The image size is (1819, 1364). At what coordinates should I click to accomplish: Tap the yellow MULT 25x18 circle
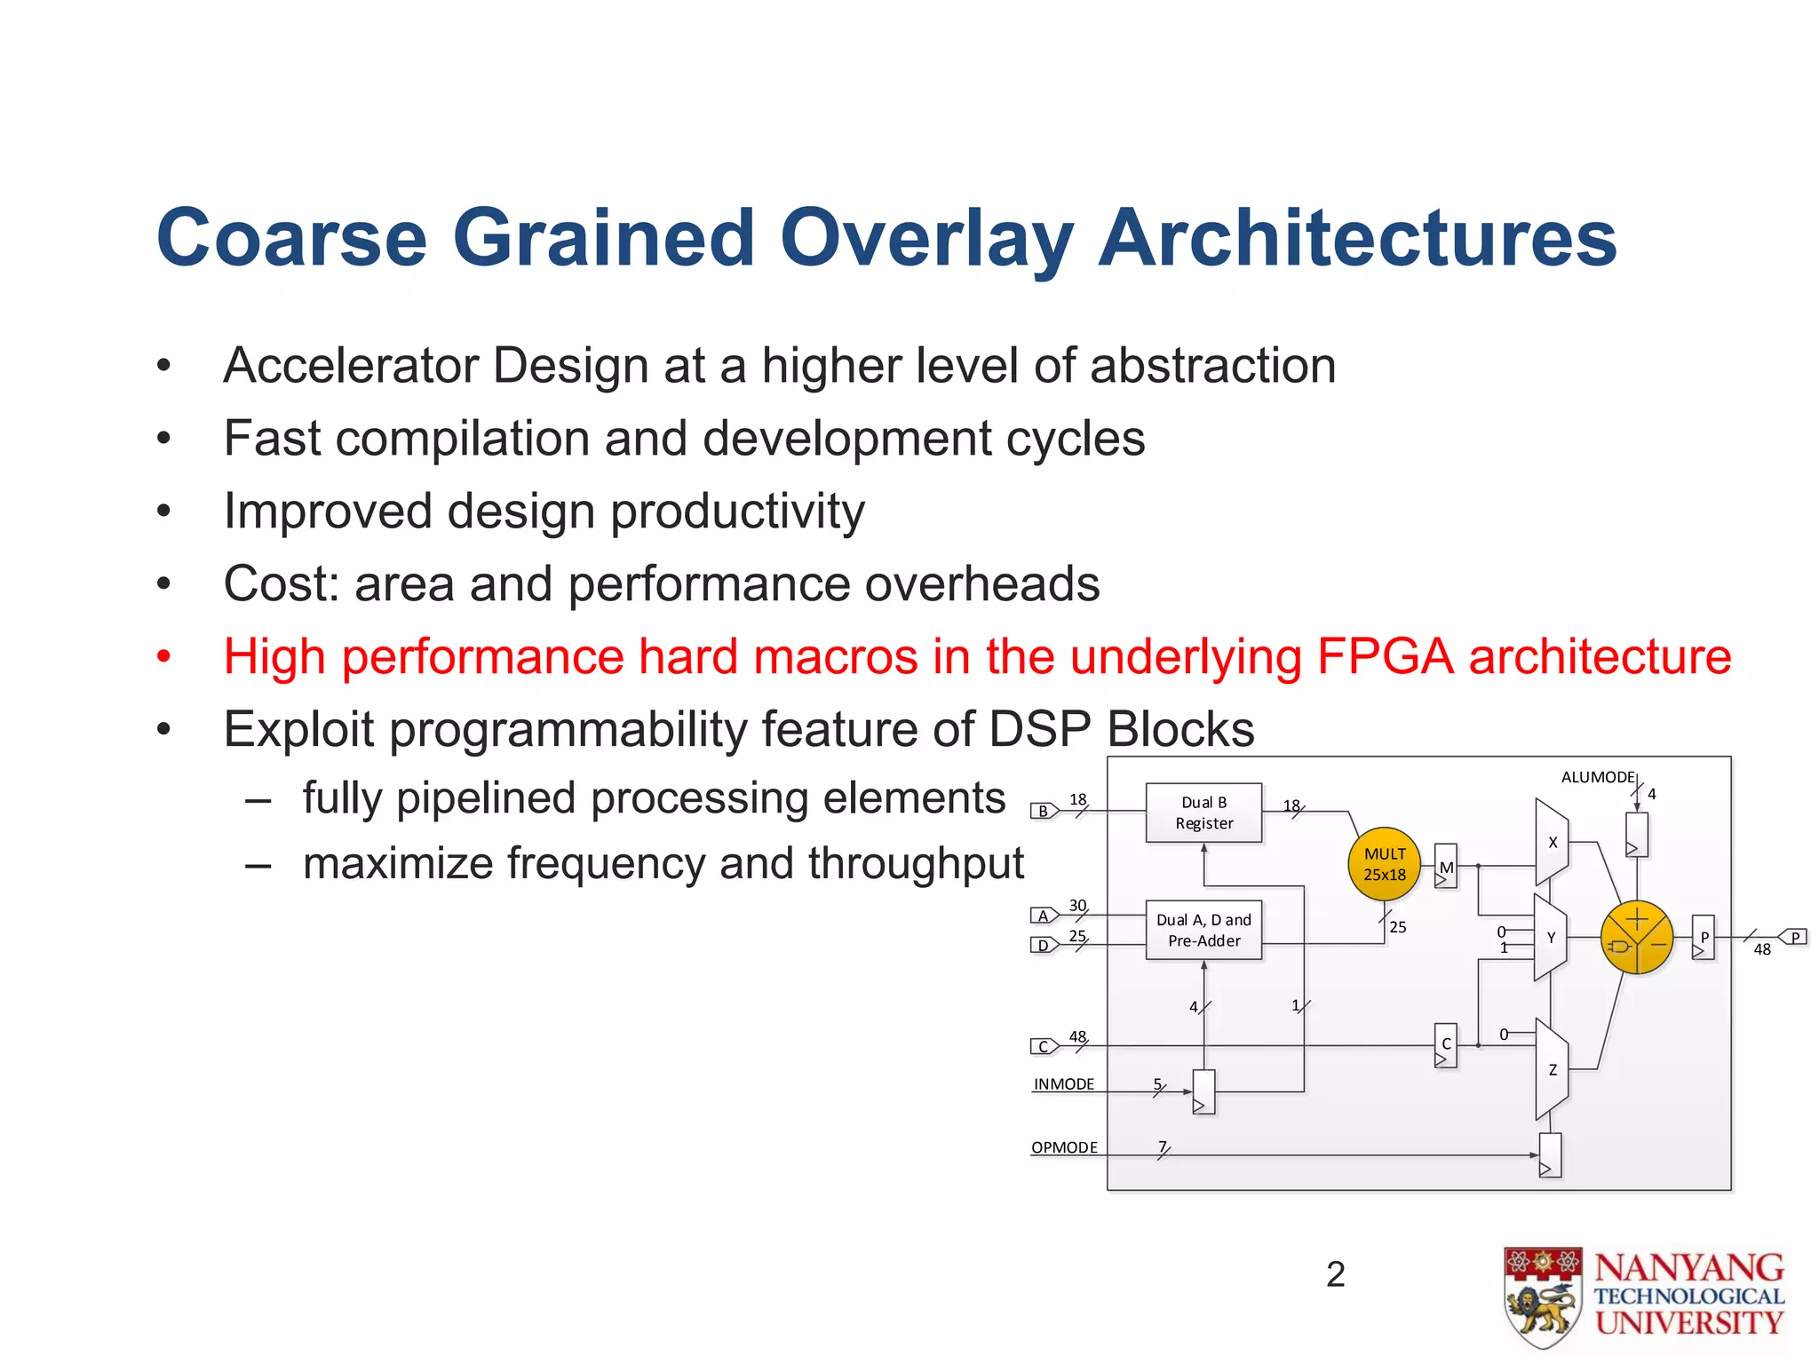coord(1385,864)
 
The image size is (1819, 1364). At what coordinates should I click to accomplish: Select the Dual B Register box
coord(1203,813)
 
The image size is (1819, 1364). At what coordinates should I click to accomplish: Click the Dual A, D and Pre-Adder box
coord(1203,930)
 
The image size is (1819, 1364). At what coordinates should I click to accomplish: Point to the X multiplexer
coord(1552,842)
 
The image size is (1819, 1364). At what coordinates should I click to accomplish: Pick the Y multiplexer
coord(1550,938)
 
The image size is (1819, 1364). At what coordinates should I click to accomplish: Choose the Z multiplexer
coord(1552,1069)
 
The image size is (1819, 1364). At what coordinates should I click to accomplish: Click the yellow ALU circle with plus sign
coord(1636,938)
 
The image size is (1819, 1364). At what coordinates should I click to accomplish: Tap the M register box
coord(1446,867)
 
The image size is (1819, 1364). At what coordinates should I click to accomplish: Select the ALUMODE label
coord(1597,777)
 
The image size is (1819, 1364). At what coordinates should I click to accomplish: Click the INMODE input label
coord(1064,1084)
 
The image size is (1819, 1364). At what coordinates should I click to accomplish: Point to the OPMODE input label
coord(1064,1147)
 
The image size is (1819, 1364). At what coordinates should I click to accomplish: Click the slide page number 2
coord(1335,1274)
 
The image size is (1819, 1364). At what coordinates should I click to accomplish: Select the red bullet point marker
coord(163,657)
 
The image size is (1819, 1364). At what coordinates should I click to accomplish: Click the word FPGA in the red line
coord(1386,657)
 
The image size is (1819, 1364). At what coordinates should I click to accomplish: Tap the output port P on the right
coord(1793,938)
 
